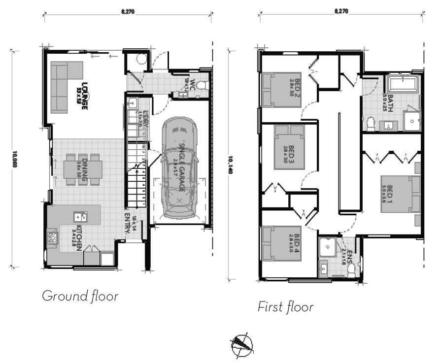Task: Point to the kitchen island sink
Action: [78, 217]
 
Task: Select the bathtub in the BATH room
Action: [402, 84]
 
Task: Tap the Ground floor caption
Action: [80, 296]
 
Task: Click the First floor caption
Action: [285, 307]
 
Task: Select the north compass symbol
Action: [241, 345]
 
